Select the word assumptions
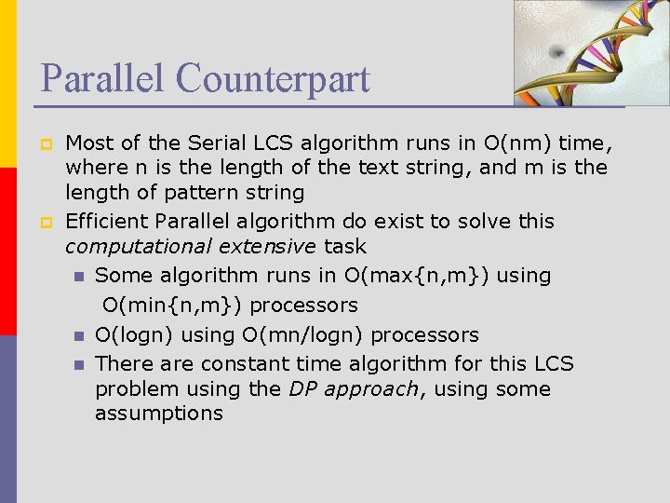(159, 414)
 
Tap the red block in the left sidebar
(7, 251)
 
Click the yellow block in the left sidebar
(7, 84)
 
